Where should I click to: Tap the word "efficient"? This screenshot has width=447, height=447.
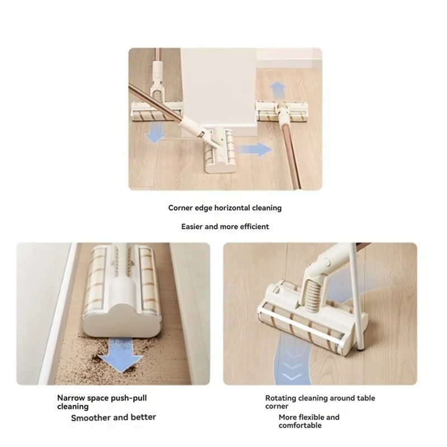tap(253, 227)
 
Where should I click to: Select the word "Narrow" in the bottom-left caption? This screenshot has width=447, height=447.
tap(71, 398)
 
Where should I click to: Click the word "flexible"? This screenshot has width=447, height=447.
tap(309, 417)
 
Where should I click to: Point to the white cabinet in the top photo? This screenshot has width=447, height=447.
tap(218, 84)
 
